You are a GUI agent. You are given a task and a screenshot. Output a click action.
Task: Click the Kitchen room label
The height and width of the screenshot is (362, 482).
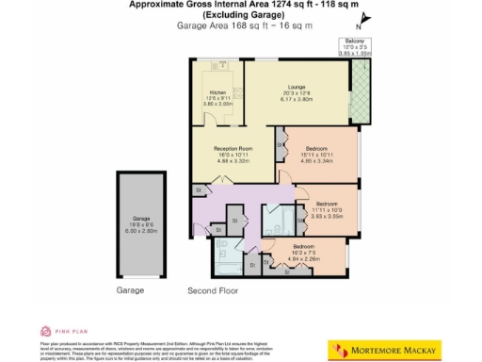217,92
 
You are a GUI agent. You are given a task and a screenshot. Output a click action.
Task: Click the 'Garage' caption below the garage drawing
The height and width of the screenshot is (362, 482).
131,290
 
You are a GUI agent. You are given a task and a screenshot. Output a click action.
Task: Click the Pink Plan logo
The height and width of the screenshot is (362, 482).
57,331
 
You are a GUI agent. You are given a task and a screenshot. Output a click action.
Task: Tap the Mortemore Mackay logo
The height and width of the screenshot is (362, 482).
387,351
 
